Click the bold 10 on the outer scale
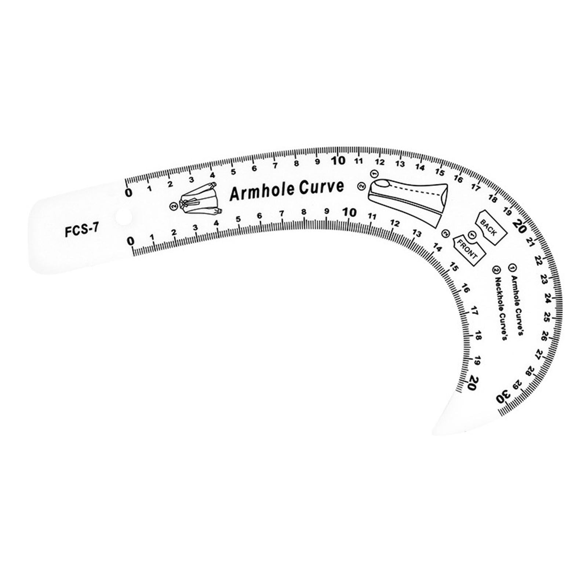(338, 161)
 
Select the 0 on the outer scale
(128, 193)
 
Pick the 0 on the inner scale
(131, 241)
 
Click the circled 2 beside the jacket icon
(173, 206)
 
